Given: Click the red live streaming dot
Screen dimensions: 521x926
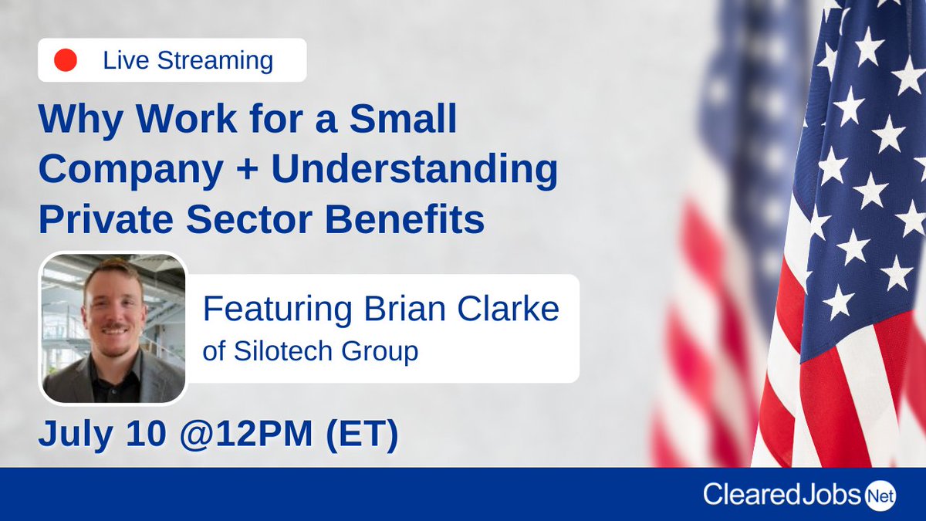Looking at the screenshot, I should coord(66,60).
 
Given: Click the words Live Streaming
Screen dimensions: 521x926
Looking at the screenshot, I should coord(188,60).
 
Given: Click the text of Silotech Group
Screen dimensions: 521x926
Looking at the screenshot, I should coord(310,351).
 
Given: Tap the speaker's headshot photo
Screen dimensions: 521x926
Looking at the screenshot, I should coord(114,328).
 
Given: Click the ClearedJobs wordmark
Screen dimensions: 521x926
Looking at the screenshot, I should coord(781,495).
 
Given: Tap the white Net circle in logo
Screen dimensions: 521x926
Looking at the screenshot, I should coord(880,496).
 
